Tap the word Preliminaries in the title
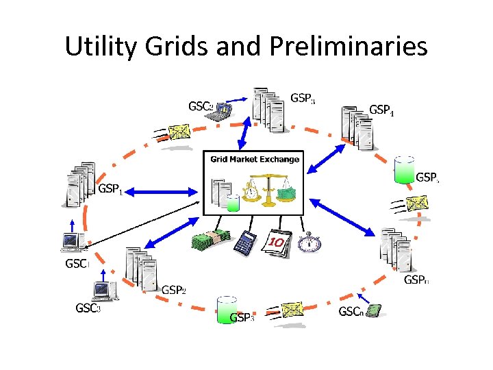coord(349,47)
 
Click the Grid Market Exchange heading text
coord(255,159)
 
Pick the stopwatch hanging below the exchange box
coord(311,241)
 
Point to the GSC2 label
coord(201,106)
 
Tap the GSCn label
coord(351,312)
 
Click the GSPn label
coord(416,280)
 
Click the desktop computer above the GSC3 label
coord(103,291)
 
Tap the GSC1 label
coord(77,263)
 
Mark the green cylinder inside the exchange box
coord(233,203)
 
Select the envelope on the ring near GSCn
coord(292,310)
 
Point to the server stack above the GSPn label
coord(395,249)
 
